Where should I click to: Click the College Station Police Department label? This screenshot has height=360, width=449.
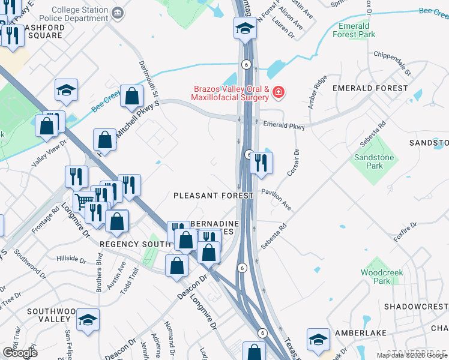tap(81, 14)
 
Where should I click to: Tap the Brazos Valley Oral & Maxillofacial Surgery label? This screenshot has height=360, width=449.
tap(230, 92)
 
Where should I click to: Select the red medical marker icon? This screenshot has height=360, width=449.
tap(279, 92)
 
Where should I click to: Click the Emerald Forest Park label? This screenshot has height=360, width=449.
tap(354, 30)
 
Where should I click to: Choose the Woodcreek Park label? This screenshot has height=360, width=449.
tap(382, 277)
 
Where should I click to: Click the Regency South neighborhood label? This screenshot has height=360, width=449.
tap(135, 244)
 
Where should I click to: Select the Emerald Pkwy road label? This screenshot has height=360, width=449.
tap(284, 127)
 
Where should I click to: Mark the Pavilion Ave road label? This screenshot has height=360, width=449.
tap(276, 198)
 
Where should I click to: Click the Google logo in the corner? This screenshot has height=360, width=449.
tap(20, 352)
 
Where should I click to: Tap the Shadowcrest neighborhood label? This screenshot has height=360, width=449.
tap(416, 306)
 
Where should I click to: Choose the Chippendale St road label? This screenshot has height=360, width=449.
tap(391, 63)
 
